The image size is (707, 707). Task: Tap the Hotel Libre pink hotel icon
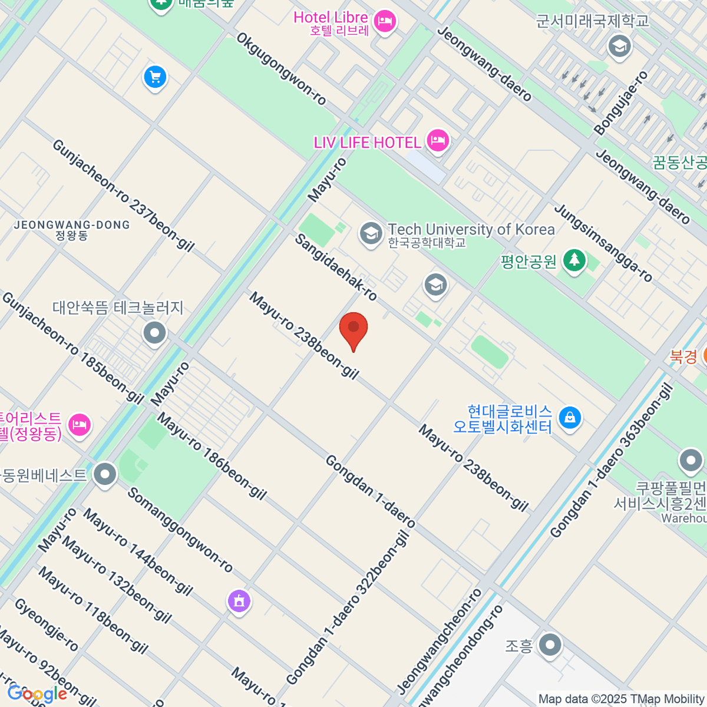[385, 22]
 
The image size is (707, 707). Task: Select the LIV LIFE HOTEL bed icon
[437, 141]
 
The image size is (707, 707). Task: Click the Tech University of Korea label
[471, 230]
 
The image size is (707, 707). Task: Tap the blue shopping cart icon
[156, 77]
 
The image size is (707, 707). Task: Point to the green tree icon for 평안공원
[574, 260]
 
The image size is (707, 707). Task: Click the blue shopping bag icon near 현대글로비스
[569, 418]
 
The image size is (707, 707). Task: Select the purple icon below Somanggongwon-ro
[239, 601]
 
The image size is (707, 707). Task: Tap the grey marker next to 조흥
[550, 645]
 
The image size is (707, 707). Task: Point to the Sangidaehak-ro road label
[336, 267]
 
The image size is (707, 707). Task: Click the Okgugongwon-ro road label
[282, 69]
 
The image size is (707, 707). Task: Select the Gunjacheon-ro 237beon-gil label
[123, 196]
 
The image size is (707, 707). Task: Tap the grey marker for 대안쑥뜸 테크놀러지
[155, 333]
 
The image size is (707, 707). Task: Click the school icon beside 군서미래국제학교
[619, 46]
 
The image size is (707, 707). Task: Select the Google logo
[37, 693]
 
